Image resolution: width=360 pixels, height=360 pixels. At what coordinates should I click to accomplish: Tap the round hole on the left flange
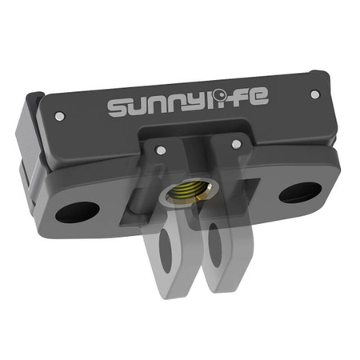[x=79, y=212]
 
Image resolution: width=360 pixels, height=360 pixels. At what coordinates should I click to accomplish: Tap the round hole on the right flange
[x=300, y=192]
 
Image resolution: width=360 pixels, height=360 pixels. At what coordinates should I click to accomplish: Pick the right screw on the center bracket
[x=236, y=144]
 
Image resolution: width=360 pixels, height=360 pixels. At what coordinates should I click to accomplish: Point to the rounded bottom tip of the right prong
[x=225, y=288]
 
